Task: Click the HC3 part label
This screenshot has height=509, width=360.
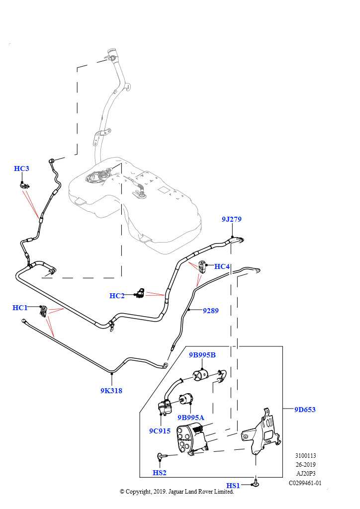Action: [21, 169]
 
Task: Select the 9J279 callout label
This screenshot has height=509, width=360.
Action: [231, 219]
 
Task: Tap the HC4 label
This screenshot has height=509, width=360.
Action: [222, 266]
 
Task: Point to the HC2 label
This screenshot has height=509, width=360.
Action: [117, 296]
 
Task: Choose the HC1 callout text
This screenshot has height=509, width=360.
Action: [20, 308]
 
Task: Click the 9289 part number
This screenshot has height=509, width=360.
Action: [211, 311]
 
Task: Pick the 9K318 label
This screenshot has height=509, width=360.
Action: [111, 391]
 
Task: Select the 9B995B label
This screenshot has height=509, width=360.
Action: [202, 355]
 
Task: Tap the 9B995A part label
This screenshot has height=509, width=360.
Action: [191, 418]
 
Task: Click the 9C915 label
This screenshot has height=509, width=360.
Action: [160, 431]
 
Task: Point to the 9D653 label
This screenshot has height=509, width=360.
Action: [305, 410]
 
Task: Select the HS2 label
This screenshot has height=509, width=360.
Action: [160, 473]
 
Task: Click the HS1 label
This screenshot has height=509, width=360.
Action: [233, 486]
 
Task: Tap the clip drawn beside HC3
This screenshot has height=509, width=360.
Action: [24, 186]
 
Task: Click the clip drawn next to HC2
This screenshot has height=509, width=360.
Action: [141, 292]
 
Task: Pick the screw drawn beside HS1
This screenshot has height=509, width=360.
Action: [256, 483]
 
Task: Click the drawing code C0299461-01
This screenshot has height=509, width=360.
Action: [305, 483]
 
